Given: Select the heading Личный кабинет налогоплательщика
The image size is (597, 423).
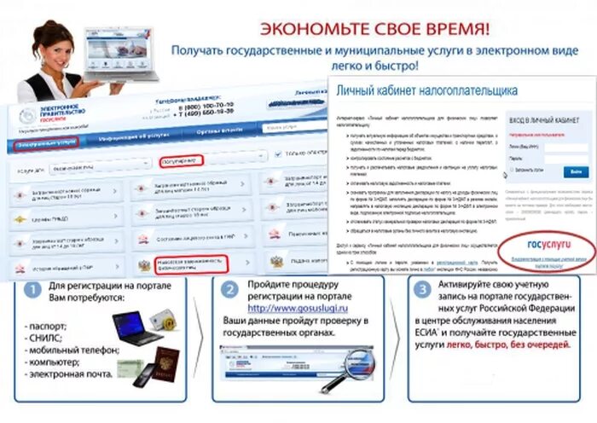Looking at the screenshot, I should pyautogui.click(x=426, y=90).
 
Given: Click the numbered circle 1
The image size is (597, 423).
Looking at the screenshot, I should pyautogui.click(x=32, y=290).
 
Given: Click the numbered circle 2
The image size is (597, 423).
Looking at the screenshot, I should pyautogui.click(x=229, y=290).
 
